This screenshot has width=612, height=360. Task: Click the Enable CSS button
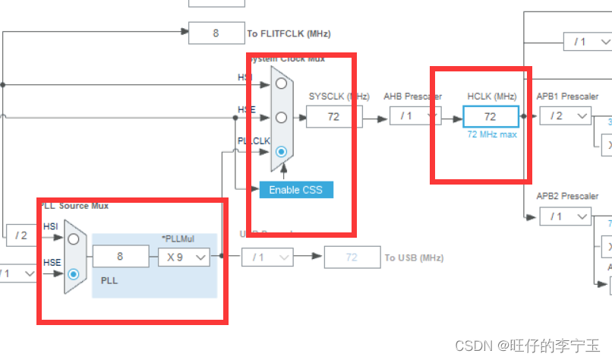point(296,189)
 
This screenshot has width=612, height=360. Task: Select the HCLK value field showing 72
point(491,116)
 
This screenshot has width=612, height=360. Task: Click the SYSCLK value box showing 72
point(333,116)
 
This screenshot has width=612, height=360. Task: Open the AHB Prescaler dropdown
point(415,116)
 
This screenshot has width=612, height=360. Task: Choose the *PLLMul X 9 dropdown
point(183,257)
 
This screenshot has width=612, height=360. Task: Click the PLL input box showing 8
point(120,257)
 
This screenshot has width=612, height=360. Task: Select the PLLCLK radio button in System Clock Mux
point(281,151)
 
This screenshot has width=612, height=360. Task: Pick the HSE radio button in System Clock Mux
point(281,118)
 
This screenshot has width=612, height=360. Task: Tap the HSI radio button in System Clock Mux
point(281,84)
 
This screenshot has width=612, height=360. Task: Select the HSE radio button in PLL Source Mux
point(74,274)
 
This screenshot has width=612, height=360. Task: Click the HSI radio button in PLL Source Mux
point(74,238)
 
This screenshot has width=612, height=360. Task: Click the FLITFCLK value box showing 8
point(216,33)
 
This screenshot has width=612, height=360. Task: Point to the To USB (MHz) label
point(414,257)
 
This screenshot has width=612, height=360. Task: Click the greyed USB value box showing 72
point(352,257)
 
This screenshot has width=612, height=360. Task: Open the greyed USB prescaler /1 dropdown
point(267,257)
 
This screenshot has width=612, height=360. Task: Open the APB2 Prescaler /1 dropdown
point(564,216)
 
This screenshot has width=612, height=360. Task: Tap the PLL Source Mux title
point(74,206)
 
